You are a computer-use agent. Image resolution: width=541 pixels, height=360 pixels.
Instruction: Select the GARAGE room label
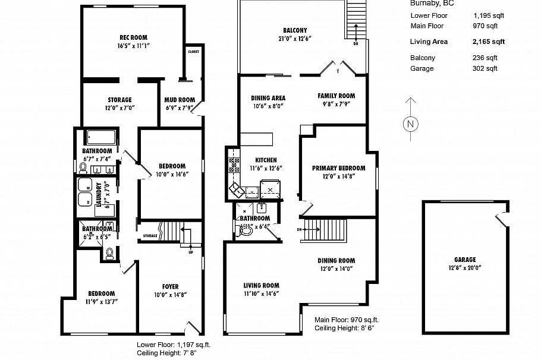tap(465, 260)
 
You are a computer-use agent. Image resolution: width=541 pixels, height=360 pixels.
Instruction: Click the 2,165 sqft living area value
tap(488, 42)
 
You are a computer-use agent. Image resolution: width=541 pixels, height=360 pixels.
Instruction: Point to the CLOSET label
tap(193, 52)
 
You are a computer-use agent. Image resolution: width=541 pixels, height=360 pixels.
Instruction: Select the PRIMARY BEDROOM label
tap(338, 168)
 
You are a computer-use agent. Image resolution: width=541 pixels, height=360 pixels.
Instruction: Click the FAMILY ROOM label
tap(336, 96)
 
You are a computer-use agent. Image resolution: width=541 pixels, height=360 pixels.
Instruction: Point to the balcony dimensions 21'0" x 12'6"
tap(295, 39)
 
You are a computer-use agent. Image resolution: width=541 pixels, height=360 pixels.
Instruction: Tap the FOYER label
tap(170, 286)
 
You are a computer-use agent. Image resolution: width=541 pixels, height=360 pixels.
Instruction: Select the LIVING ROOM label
tap(261, 285)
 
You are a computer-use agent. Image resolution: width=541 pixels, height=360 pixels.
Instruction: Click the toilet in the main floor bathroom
tap(243, 230)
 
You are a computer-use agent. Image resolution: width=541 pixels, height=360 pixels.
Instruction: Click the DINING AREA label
tap(268, 98)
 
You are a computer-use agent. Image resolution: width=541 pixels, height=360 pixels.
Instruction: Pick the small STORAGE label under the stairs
tap(150, 236)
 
